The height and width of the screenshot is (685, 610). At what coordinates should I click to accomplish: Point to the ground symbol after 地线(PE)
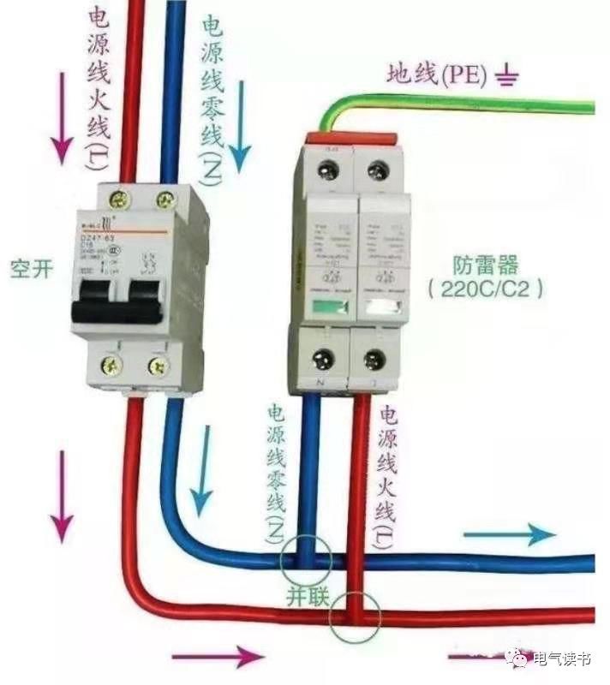[x=509, y=79]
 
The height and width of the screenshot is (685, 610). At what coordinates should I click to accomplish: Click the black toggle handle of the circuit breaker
[x=117, y=301]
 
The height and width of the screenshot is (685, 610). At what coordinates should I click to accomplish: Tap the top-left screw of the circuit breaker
[x=119, y=200]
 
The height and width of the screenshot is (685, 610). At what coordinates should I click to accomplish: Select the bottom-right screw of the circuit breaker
[x=158, y=366]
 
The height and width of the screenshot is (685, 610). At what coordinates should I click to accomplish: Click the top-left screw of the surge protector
[x=327, y=170]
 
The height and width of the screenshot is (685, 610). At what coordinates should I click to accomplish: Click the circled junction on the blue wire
[x=305, y=561]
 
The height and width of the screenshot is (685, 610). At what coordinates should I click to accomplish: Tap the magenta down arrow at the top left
[x=61, y=116]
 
